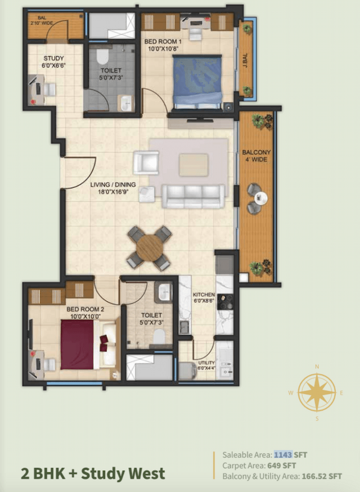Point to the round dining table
pyautogui.click(x=149, y=247)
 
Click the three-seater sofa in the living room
pyautogui.click(x=193, y=196)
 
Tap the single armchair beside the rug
pyautogui.click(x=146, y=162)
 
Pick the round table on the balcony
pyautogui.click(x=261, y=197)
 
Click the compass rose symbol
pyautogui.click(x=317, y=392)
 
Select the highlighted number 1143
pyautogui.click(x=283, y=454)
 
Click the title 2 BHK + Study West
pyautogui.click(x=93, y=473)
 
